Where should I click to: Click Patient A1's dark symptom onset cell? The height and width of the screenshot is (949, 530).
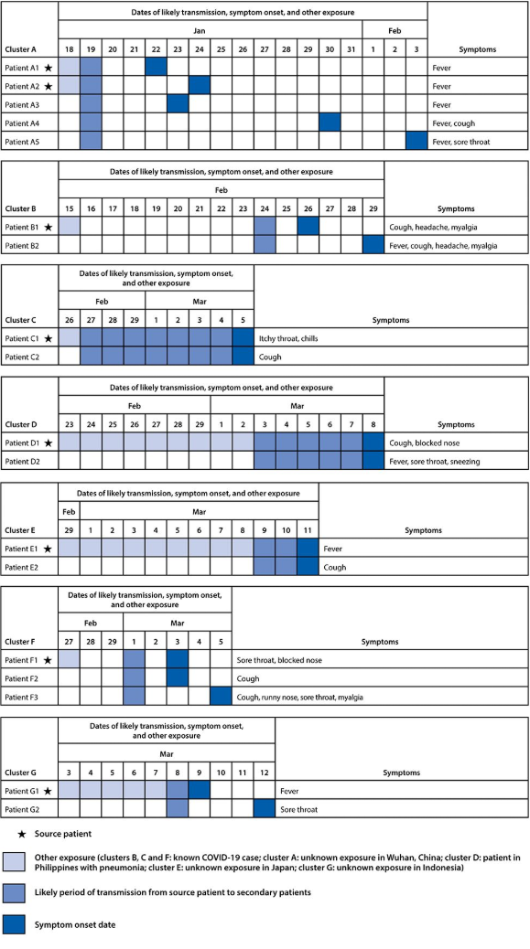click(157, 68)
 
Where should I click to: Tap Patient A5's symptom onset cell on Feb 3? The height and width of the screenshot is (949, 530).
click(416, 141)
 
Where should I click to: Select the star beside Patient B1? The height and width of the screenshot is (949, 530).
click(48, 227)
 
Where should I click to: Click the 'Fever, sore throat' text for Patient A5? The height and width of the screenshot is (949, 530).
click(461, 142)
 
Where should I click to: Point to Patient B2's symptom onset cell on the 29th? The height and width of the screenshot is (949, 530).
click(373, 245)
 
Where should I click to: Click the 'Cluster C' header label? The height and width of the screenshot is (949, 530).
click(21, 320)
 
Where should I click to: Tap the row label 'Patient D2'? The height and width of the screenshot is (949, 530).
click(22, 461)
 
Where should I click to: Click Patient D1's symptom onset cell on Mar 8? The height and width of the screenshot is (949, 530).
click(373, 443)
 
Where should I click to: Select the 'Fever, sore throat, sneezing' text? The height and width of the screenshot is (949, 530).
click(434, 461)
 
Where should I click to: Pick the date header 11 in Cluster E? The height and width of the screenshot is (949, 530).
click(308, 530)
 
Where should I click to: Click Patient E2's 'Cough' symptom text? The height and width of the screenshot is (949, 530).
click(335, 567)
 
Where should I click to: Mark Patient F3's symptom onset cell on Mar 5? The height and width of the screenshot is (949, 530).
click(221, 697)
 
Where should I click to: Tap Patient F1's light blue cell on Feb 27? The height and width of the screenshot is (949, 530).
click(69, 660)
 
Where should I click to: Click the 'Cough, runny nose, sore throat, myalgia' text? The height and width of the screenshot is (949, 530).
click(300, 698)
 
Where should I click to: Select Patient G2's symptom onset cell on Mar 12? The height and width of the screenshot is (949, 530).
click(265, 808)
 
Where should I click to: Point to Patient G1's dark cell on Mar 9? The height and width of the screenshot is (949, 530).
click(200, 791)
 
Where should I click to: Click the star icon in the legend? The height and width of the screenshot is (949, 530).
click(22, 834)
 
